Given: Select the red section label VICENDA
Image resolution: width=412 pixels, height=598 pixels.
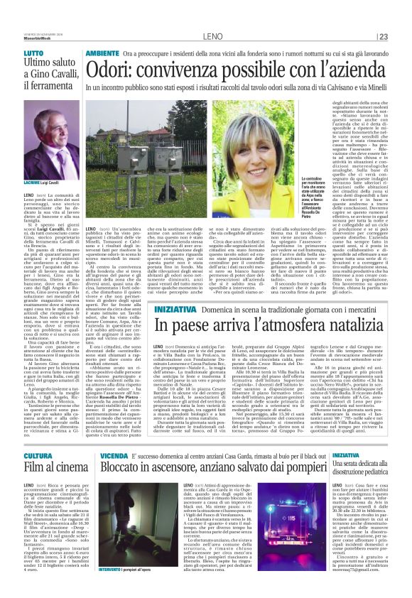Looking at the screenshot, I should pos(114,455).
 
